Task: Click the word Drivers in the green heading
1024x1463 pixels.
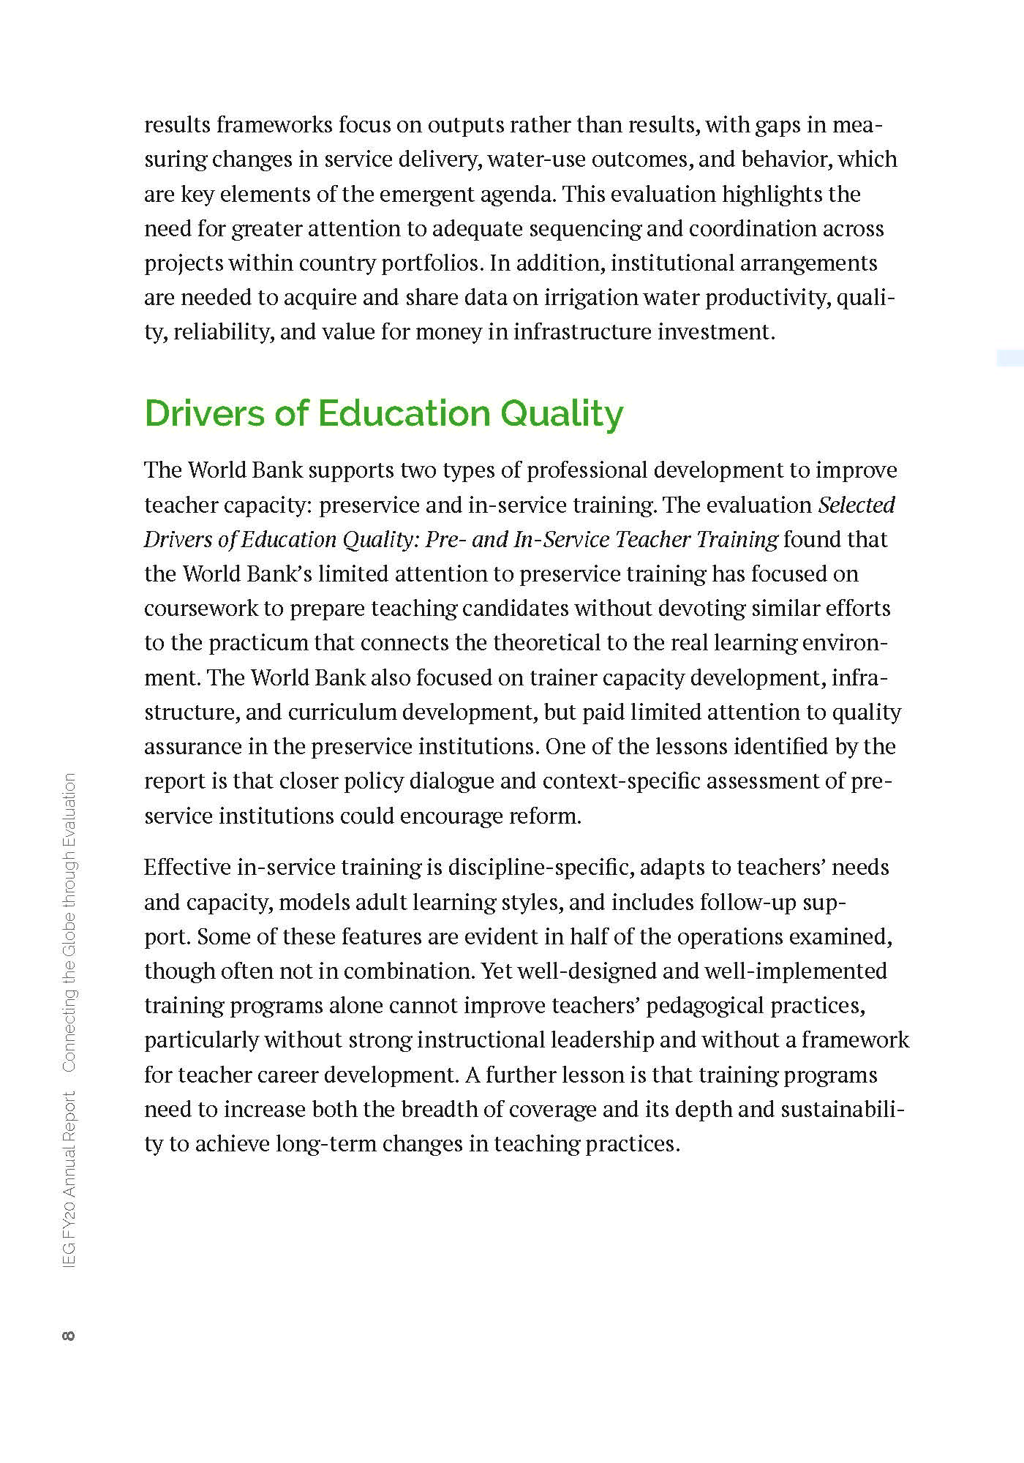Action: [204, 413]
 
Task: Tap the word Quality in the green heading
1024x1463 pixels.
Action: [561, 415]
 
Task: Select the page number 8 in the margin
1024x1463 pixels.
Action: [69, 1336]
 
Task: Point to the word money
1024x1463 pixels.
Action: [448, 332]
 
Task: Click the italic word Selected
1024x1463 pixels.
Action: [857, 505]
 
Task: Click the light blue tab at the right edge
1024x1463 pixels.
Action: [1010, 358]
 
